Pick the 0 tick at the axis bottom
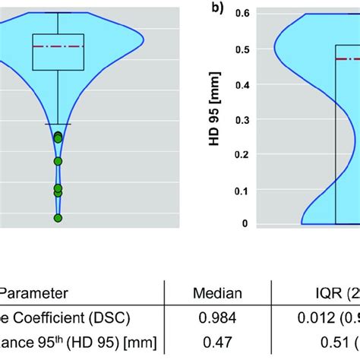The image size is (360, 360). tap(245, 223)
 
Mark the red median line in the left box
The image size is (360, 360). tap(58, 46)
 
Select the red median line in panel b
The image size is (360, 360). tap(347, 58)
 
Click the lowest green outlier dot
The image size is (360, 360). tap(58, 218)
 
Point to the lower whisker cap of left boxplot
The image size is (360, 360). tap(58, 123)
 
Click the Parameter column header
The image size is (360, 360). tap(35, 293)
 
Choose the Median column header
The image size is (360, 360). tap(217, 293)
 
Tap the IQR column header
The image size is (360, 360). tap(327, 293)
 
